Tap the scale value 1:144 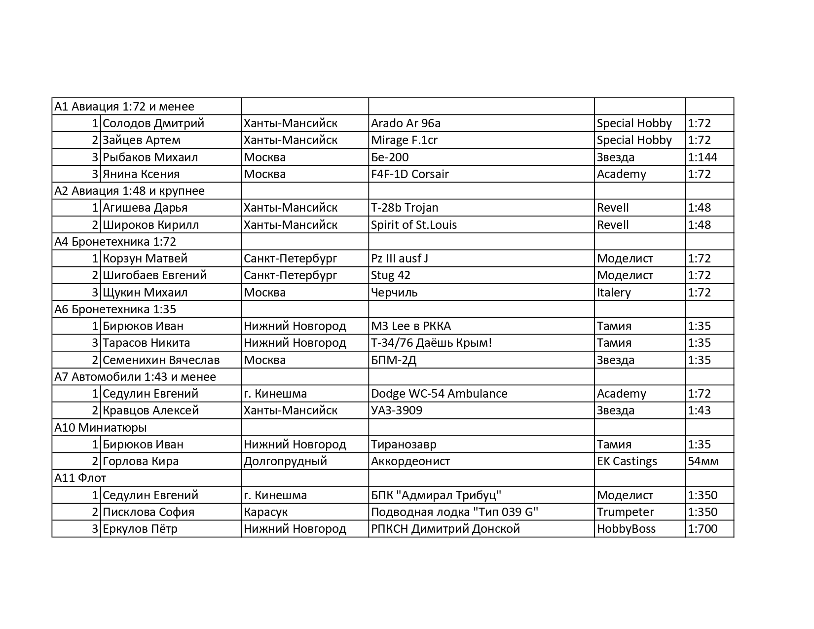point(702,157)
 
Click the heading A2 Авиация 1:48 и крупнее point(129,191)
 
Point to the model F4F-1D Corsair point(409,174)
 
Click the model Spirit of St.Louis point(413,225)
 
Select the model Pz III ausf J point(399,259)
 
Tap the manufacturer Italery point(614,293)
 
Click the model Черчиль point(394,293)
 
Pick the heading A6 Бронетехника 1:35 point(115,309)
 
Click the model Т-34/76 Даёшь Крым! point(431,343)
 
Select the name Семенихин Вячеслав point(161,360)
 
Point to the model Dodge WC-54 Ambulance point(439,394)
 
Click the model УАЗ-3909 point(396,410)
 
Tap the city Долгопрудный point(285,461)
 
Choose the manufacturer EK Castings point(627,461)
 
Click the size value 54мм point(703,461)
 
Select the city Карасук point(265,512)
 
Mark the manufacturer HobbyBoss point(626,529)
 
